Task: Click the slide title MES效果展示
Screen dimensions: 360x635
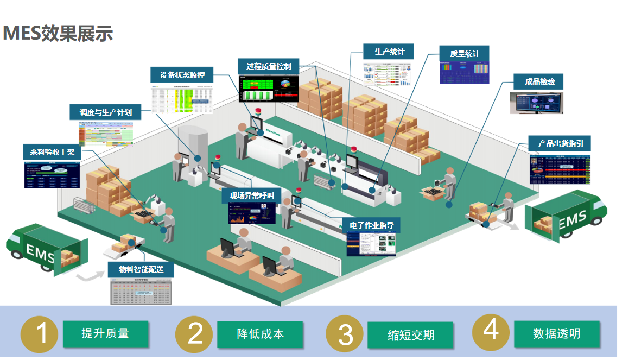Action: pyautogui.click(x=58, y=33)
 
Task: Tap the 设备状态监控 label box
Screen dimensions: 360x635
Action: pyautogui.click(x=182, y=75)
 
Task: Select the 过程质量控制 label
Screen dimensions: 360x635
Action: pyautogui.click(x=269, y=66)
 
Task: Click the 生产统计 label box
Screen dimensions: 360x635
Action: pyautogui.click(x=389, y=52)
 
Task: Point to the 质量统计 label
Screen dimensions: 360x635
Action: pyautogui.click(x=465, y=53)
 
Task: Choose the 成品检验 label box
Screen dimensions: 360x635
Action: pyautogui.click(x=539, y=81)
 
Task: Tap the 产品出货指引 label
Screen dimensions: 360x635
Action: pyautogui.click(x=560, y=143)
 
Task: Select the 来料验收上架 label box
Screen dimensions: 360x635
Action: pyautogui.click(x=52, y=152)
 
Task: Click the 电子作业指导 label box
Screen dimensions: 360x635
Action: pyautogui.click(x=371, y=225)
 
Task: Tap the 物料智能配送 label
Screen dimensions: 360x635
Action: pyautogui.click(x=141, y=269)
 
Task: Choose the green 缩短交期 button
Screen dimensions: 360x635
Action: pyautogui.click(x=410, y=334)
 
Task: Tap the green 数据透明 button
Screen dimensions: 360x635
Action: pyautogui.click(x=556, y=333)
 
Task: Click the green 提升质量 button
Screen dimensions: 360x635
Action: pyautogui.click(x=105, y=333)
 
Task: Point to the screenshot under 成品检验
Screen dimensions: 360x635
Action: pyautogui.click(x=536, y=103)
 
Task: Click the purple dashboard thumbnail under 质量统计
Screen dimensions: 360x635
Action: pyautogui.click(x=464, y=72)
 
